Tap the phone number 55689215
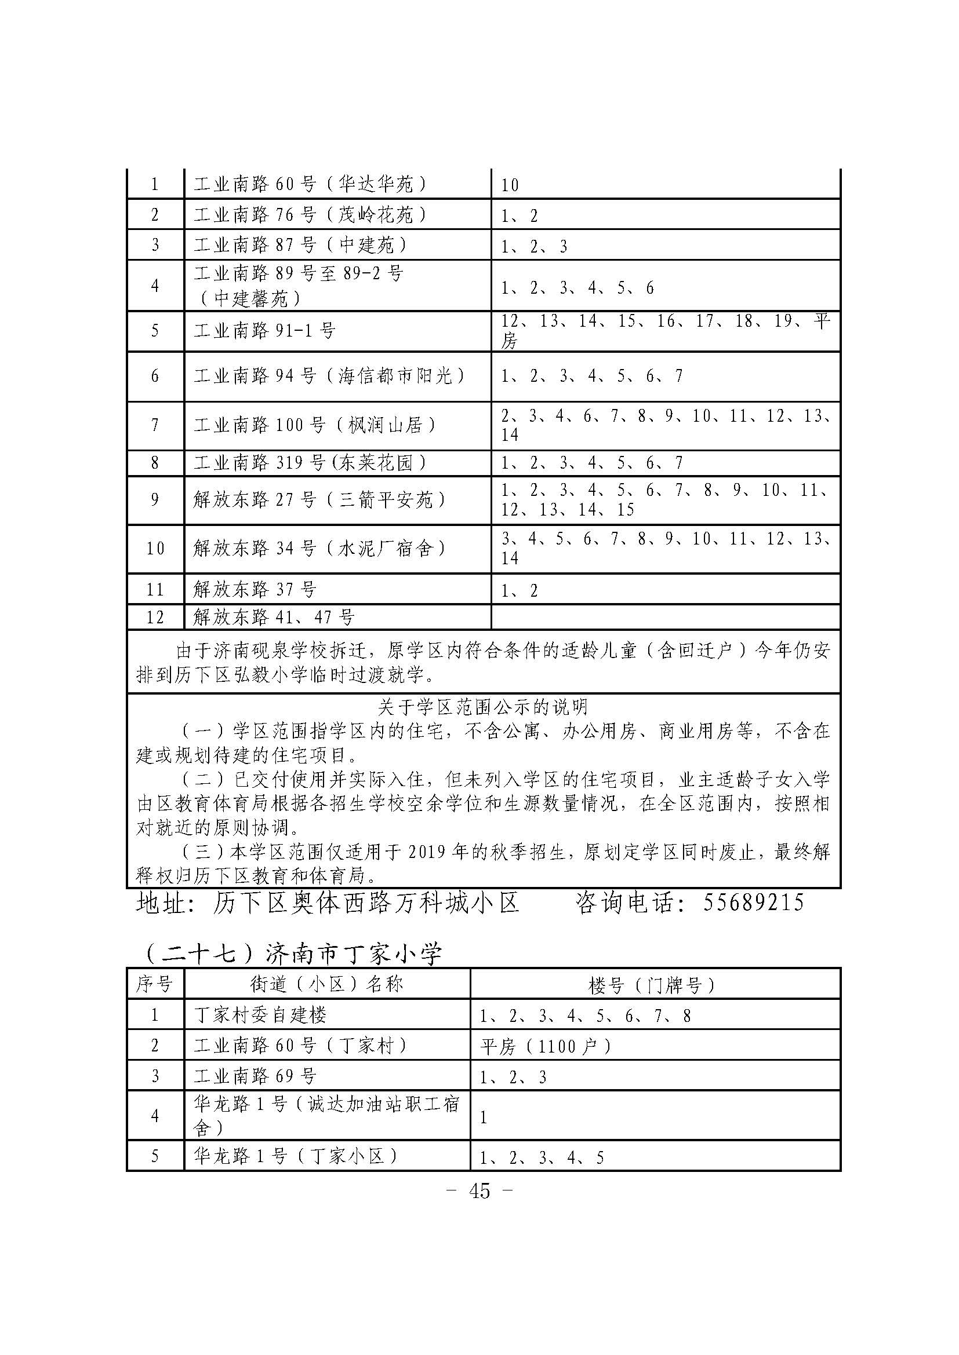tap(754, 903)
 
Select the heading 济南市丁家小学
tap(353, 954)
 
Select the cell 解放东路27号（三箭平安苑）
tap(319, 500)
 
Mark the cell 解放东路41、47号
tap(274, 618)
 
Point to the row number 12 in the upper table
tap(155, 618)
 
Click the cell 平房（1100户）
tap(545, 1046)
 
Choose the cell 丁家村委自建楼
tap(260, 1015)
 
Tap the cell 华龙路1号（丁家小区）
tap(296, 1156)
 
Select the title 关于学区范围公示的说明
tap(482, 706)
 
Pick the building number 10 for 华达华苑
tap(510, 185)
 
